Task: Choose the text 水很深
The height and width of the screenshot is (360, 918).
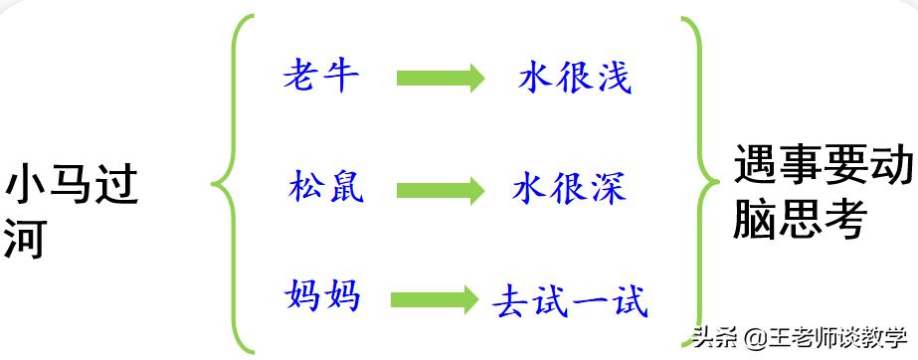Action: tap(568, 187)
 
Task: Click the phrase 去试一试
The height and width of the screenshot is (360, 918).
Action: tap(570, 299)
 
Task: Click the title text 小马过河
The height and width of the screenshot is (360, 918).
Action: tap(70, 211)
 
